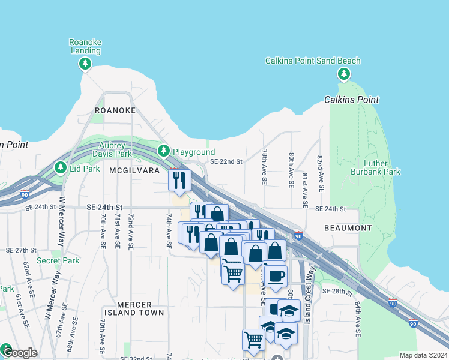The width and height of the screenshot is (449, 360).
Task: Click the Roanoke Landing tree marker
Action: coord(85,64)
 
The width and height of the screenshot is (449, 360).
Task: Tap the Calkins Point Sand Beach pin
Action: coord(344,74)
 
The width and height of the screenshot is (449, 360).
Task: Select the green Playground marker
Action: coord(163,150)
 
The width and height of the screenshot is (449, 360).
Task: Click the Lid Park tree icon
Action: coord(60,168)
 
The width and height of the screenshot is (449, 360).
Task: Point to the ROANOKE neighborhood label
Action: coord(115,111)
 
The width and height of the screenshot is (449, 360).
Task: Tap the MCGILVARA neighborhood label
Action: coord(134,170)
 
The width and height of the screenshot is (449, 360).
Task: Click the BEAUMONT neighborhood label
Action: coord(348,228)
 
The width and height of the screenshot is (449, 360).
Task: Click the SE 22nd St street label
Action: coord(226,162)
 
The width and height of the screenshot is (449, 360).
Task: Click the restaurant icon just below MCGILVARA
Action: coord(180,179)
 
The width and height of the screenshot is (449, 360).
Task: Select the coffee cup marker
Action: coord(276,276)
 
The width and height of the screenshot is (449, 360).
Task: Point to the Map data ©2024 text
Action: coord(423,355)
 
